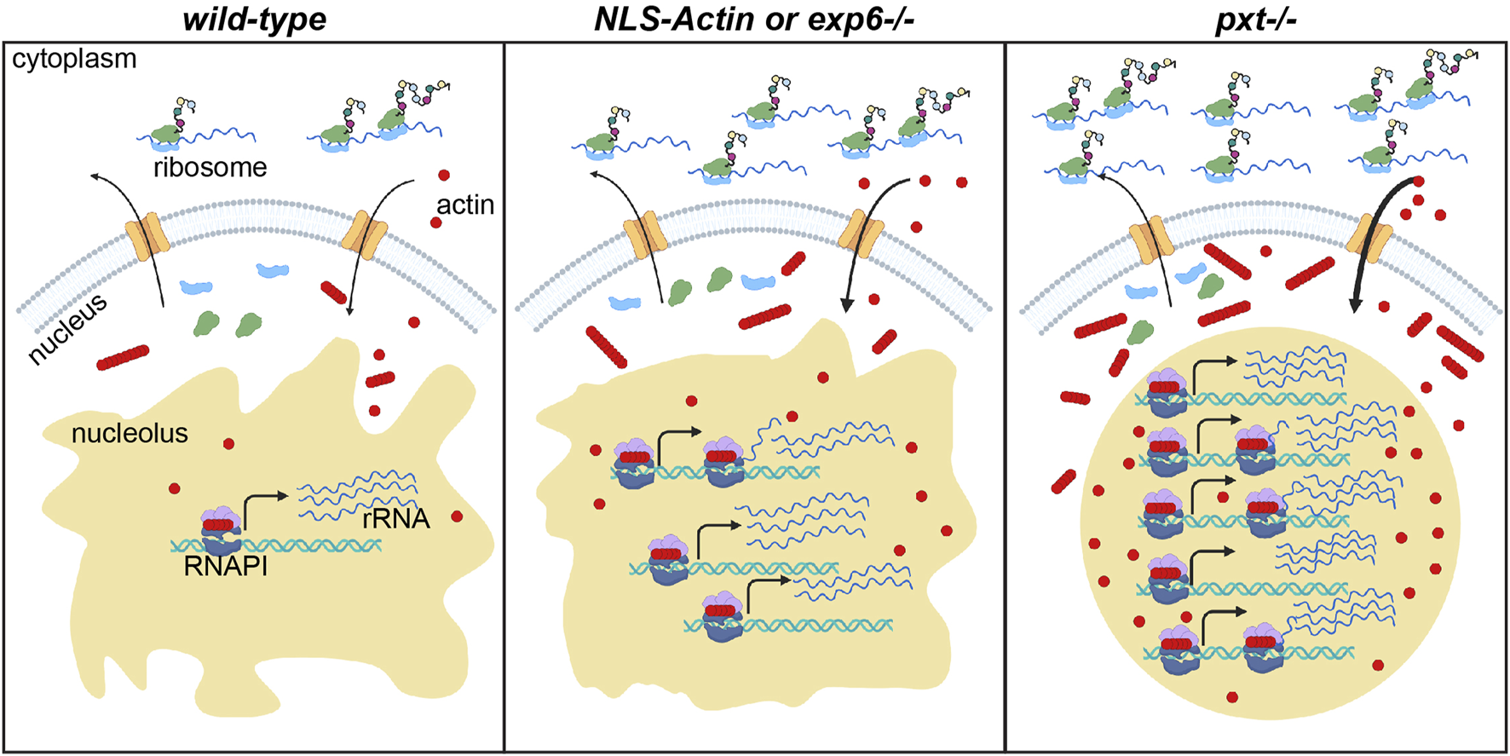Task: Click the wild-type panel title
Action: tap(254, 19)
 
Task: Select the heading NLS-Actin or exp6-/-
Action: tap(753, 19)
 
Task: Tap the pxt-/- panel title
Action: tap(1255, 19)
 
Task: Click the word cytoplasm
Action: tap(74, 59)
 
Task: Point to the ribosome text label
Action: tap(210, 167)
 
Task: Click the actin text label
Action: tap(465, 205)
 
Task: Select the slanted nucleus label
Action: tap(67, 328)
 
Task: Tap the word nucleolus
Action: tap(130, 433)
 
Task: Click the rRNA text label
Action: tap(395, 518)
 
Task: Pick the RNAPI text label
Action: tap(226, 566)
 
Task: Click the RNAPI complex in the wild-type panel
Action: tap(221, 529)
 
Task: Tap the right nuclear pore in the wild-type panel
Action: tap(364, 235)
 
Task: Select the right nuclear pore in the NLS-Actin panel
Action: tap(861, 234)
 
